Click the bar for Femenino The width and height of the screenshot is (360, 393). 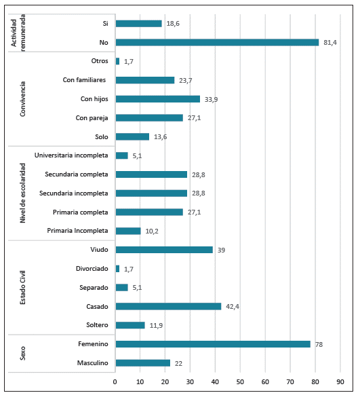click(213, 344)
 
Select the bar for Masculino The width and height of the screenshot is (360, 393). click(143, 363)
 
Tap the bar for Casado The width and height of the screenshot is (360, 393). click(169, 306)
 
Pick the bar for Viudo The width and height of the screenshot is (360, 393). click(164, 250)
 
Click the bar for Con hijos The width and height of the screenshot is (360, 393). click(158, 99)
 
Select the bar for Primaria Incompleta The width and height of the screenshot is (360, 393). click(128, 231)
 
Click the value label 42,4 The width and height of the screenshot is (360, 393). click(232, 306)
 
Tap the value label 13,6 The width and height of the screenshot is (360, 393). click(160, 136)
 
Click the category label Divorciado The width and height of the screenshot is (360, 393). click(90, 269)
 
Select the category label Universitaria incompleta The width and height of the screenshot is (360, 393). click(71, 155)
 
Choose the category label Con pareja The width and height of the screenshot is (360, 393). click(92, 118)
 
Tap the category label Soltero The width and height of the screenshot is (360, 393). click(96, 325)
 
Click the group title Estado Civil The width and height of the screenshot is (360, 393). click(23, 288)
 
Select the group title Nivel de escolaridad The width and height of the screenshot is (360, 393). click(23, 193)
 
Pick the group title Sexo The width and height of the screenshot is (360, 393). click(23, 354)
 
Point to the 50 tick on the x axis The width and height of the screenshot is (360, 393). click(240, 382)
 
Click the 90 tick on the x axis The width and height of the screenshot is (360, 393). click(340, 382)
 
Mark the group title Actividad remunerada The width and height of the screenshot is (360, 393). click(18, 33)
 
